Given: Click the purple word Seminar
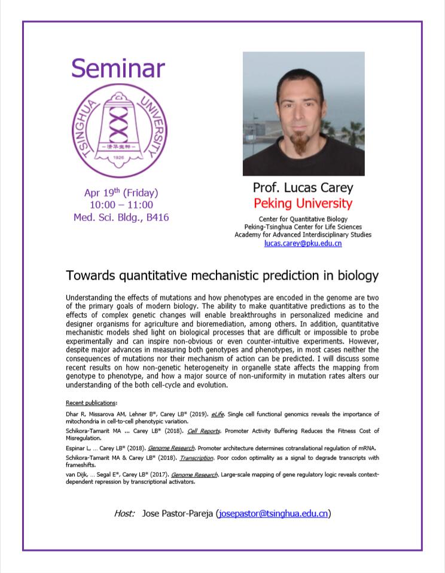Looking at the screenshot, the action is (118, 68).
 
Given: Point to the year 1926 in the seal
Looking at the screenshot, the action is (118, 158).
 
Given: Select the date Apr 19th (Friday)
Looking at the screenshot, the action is (121, 192).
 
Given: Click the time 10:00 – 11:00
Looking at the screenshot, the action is (121, 204).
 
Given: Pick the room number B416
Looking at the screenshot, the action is (158, 217).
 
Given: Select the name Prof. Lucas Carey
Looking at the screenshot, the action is (303, 188).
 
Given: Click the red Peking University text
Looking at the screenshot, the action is (303, 203).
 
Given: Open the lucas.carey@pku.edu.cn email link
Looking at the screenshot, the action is (303, 243).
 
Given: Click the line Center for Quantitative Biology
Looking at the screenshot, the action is (303, 219).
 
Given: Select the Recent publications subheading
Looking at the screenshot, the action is (91, 403).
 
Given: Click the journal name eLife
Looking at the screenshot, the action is (217, 415).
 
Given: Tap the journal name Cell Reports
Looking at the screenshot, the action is (204, 431).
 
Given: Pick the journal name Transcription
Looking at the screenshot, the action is (197, 458).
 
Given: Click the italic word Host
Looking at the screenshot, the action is (124, 513).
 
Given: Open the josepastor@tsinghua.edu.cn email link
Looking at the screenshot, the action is (273, 514).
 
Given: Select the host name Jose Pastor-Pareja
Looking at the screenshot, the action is (178, 514).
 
